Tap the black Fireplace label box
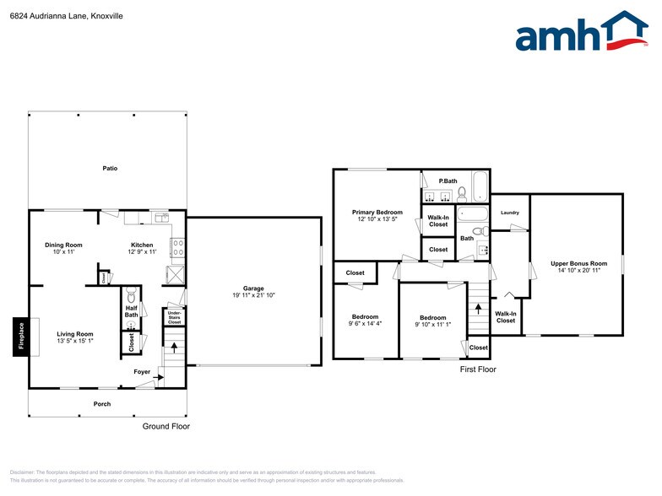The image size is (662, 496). tap(22, 337)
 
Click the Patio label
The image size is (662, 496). tap(110, 169)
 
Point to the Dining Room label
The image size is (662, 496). tap(63, 245)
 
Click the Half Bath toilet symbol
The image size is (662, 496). tap(131, 297)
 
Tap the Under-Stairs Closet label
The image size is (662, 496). tap(174, 317)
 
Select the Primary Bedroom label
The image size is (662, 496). tap(377, 213)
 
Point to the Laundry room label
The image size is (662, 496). tap(510, 213)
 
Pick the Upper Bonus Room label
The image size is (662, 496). tap(578, 264)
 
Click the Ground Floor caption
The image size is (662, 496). tap(166, 427)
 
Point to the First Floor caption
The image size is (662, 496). tap(478, 369)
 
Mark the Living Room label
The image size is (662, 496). tap(75, 334)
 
